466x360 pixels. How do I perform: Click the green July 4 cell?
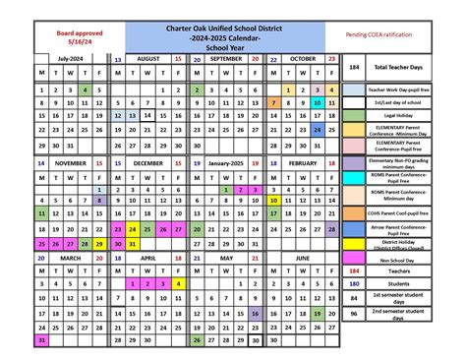86,89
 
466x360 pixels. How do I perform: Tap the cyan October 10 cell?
318,101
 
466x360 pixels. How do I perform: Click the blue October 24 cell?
318,129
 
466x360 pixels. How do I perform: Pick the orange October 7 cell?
272,101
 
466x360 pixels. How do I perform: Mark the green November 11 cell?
41,211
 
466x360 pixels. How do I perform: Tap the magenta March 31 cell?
41,340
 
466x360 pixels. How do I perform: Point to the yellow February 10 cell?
272,211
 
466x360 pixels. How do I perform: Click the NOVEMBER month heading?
71,162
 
